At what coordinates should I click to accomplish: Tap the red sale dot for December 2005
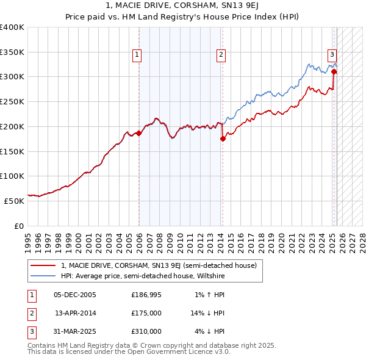coord(138,132)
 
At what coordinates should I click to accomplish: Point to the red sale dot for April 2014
coord(223,139)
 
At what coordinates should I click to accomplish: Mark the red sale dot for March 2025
coord(334,72)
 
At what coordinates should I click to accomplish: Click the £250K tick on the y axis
coord(13,101)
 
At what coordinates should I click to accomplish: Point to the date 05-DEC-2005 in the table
coord(75,295)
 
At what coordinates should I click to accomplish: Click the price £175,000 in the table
coord(146,313)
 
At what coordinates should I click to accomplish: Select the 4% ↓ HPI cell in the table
coord(210,331)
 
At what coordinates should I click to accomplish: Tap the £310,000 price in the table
coord(146,331)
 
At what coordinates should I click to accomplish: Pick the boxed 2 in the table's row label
coord(31,313)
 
